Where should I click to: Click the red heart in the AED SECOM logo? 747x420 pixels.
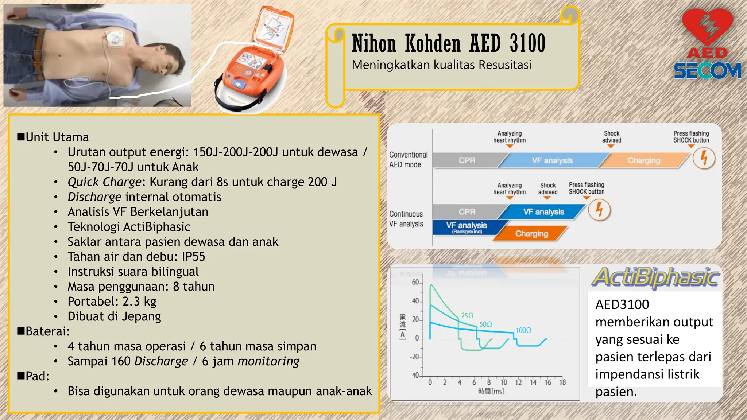707,27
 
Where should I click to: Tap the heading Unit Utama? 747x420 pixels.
57,137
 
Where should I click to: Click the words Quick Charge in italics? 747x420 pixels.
104,182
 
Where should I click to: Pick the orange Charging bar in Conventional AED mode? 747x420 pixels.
644,160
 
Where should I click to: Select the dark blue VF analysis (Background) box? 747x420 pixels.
466,227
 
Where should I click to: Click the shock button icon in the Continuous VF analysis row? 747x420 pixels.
599,210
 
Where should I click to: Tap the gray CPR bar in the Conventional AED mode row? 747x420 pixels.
467,160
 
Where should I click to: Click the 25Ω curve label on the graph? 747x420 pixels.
467,316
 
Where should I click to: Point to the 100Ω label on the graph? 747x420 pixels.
523,330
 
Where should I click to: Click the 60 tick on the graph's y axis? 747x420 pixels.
415,282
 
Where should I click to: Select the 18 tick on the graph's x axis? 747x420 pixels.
562,382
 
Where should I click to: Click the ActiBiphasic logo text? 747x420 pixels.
655,277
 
